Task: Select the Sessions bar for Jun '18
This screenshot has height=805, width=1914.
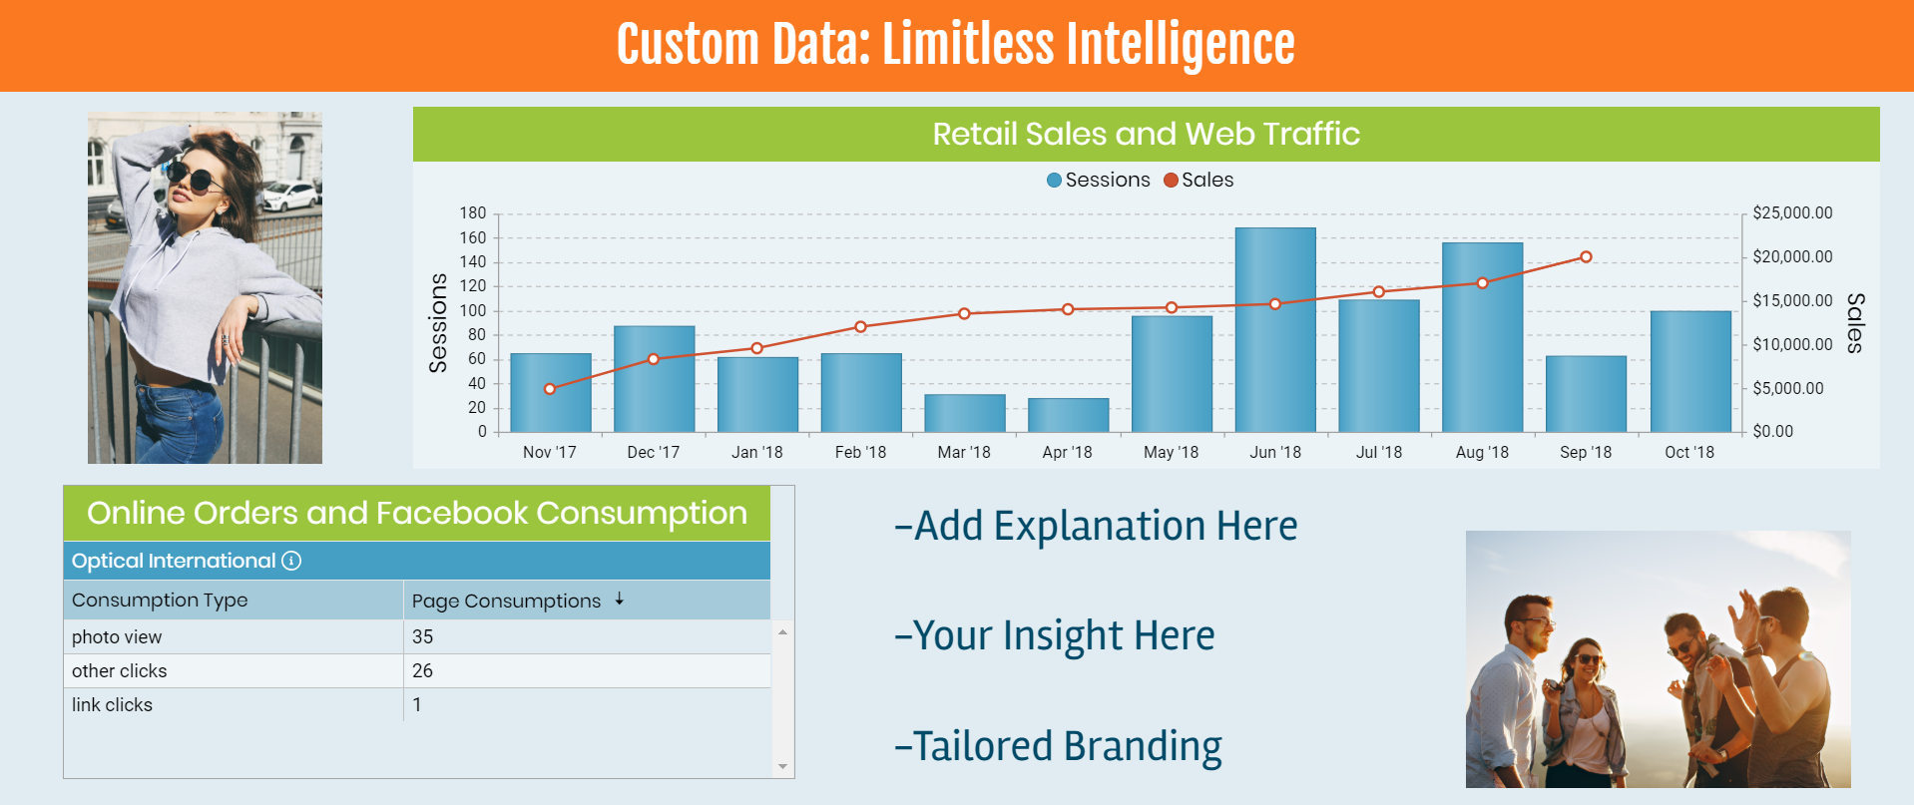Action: pyautogui.click(x=1275, y=330)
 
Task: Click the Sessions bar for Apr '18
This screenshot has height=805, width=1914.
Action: pyautogui.click(x=1068, y=415)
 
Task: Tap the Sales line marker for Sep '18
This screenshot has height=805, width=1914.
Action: pyautogui.click(x=1586, y=257)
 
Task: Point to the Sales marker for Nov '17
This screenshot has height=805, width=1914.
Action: pyautogui.click(x=550, y=389)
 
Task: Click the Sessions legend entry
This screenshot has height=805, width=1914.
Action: pyautogui.click(x=1099, y=180)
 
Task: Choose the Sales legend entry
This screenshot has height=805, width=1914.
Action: pyautogui.click(x=1198, y=180)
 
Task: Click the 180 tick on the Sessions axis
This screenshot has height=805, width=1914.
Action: pyautogui.click(x=473, y=212)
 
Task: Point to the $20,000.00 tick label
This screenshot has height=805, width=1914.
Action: pyautogui.click(x=1792, y=256)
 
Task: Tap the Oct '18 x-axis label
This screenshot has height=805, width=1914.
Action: pyautogui.click(x=1689, y=452)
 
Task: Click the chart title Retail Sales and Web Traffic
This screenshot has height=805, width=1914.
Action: pyautogui.click(x=1146, y=134)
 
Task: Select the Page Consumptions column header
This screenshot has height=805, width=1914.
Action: pyautogui.click(x=506, y=601)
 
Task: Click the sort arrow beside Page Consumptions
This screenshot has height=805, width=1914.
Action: pyautogui.click(x=620, y=599)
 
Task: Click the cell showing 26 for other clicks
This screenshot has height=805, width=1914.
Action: pyautogui.click(x=422, y=670)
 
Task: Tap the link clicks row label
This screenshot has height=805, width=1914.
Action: pyautogui.click(x=112, y=704)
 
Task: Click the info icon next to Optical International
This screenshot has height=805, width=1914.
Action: pyautogui.click(x=291, y=561)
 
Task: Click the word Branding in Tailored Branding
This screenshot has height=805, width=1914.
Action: pyautogui.click(x=1143, y=747)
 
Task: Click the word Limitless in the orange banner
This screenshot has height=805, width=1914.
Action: pyautogui.click(x=968, y=45)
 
